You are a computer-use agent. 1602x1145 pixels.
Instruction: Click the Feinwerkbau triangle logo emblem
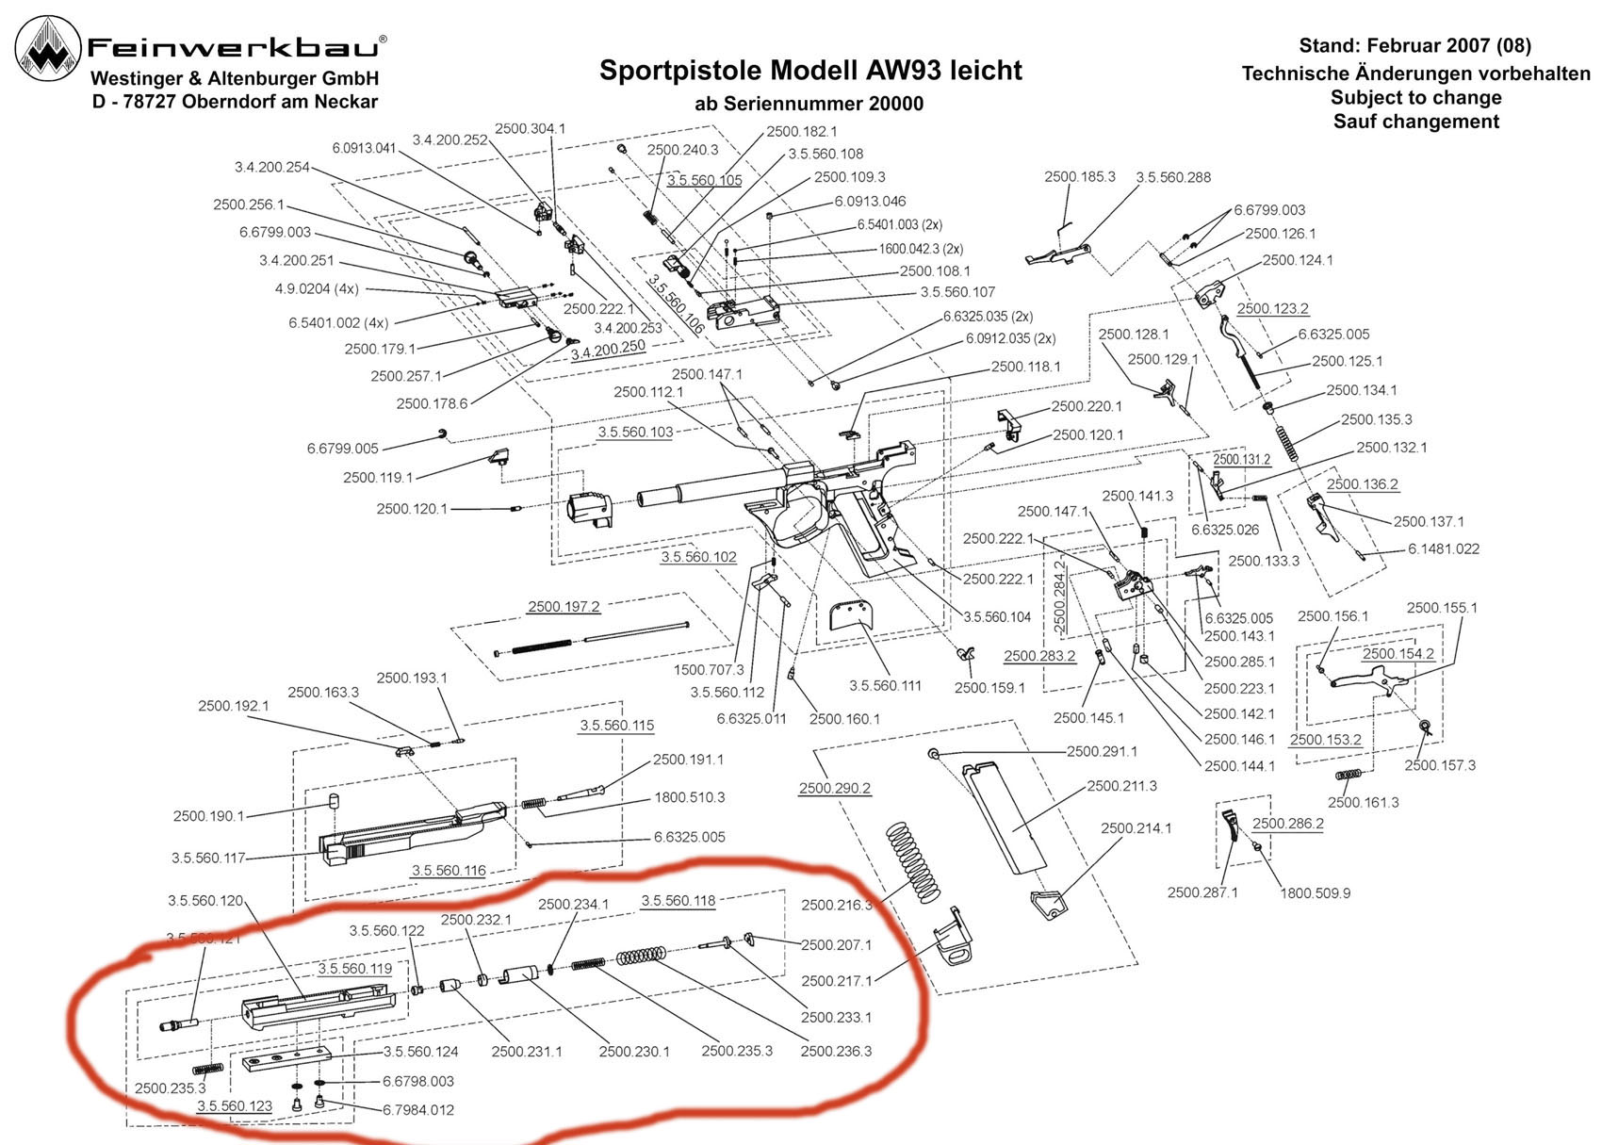pos(48,52)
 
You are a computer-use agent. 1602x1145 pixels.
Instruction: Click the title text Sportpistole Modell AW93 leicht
pos(810,71)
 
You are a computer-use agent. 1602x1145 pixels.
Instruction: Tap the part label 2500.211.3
pos(1121,786)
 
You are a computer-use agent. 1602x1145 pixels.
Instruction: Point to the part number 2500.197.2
pos(564,607)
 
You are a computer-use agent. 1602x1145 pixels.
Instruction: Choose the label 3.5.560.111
pos(885,685)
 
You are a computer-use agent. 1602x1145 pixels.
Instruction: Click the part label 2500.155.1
pos(1442,608)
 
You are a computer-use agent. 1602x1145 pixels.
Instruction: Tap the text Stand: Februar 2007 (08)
pos(1414,45)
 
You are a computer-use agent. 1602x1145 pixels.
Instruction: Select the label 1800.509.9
pos(1315,892)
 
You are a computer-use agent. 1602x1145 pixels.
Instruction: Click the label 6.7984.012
pos(418,1109)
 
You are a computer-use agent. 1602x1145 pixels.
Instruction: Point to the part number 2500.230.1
pos(634,1051)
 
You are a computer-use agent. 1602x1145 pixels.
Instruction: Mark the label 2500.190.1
pos(208,816)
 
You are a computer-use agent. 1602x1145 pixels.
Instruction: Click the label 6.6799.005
pos(342,449)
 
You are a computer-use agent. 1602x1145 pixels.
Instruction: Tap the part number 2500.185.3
pos(1079,177)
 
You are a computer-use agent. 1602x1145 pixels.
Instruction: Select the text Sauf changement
pos(1415,122)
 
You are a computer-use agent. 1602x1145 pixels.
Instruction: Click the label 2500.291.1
pos(1102,751)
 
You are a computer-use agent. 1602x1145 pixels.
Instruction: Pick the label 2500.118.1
pos(1025,367)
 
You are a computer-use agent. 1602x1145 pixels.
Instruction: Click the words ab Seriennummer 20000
pos(809,105)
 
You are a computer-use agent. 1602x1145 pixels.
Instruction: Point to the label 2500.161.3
pos(1363,802)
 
